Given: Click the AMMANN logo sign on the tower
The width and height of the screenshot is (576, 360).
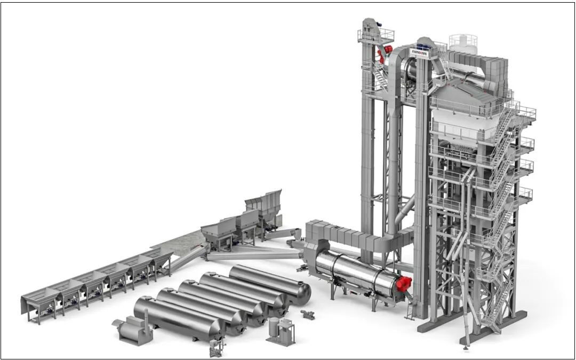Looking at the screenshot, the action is (419, 53).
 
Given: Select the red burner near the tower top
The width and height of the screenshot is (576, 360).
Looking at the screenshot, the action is (385, 54).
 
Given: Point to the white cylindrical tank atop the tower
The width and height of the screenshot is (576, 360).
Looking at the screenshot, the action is (463, 44).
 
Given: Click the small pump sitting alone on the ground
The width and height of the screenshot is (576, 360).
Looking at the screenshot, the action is (308, 315).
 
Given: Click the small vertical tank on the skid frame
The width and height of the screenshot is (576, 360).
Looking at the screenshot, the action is (274, 327).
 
